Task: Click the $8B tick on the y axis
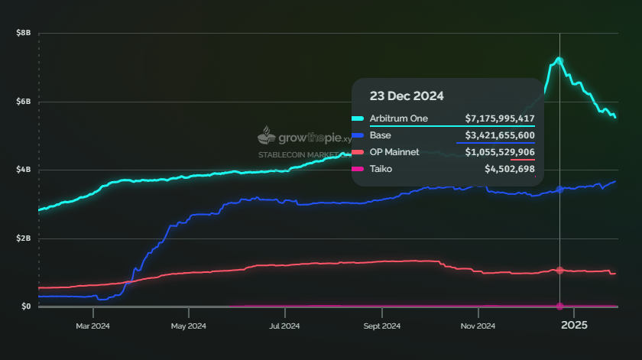[x=23, y=34]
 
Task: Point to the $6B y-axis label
[x=23, y=102]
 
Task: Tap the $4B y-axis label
[x=23, y=170]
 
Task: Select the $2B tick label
[x=23, y=238]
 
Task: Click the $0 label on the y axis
[x=26, y=306]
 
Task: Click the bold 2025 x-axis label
[x=574, y=326]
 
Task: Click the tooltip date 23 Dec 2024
[x=407, y=96]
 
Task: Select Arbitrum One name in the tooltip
[x=399, y=118]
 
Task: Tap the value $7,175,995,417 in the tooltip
[x=500, y=118]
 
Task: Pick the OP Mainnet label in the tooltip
[x=394, y=152]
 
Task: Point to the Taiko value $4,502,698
[x=509, y=169]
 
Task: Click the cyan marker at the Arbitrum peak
[x=559, y=60]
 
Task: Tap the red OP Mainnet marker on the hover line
[x=559, y=271]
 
